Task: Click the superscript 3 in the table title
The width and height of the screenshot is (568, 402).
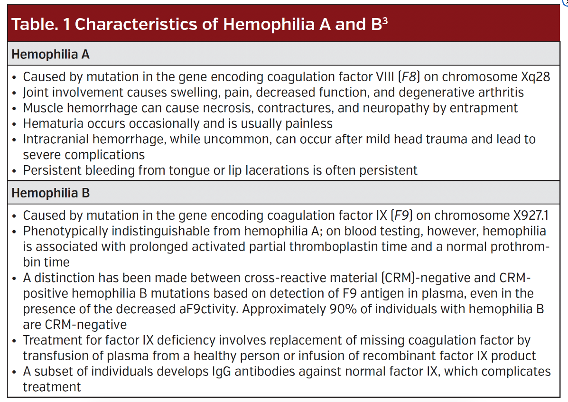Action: (x=384, y=19)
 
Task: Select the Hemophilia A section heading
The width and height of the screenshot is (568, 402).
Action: (x=50, y=54)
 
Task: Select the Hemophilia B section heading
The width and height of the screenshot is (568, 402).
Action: (x=50, y=193)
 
